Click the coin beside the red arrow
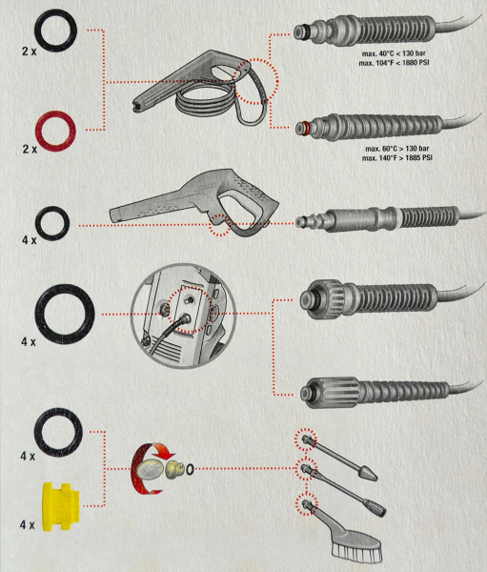pyautogui.click(x=151, y=471)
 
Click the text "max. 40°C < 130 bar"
pyautogui.click(x=394, y=53)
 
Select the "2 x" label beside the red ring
pyautogui.click(x=30, y=150)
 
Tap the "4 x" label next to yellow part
pyautogui.click(x=27, y=525)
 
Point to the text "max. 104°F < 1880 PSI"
pyautogui.click(x=394, y=63)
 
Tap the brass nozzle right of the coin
pyautogui.click(x=174, y=470)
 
